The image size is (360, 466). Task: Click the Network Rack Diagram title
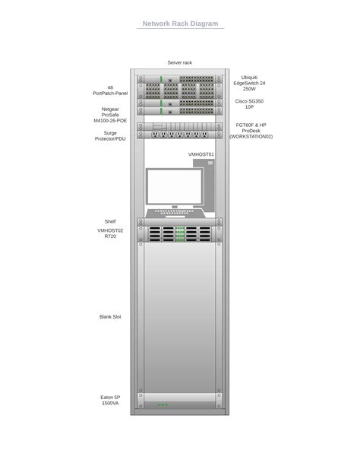point(180,24)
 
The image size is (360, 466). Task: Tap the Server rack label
point(180,62)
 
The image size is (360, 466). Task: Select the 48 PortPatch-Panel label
point(110,90)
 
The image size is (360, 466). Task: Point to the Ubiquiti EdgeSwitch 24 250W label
point(249,83)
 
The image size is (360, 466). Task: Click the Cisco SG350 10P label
point(249,104)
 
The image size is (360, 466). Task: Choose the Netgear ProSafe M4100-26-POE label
point(110,115)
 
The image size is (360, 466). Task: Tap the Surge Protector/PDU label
point(110,136)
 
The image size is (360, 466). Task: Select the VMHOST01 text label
point(201,154)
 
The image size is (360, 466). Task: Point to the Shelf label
point(110,221)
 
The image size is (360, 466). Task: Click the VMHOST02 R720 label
point(110,233)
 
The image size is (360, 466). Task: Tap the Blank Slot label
point(110,317)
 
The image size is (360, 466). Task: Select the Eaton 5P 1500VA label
point(110,400)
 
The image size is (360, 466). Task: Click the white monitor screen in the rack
point(175,187)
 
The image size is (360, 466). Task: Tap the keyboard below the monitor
point(175,213)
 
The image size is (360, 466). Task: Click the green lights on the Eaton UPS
point(163,404)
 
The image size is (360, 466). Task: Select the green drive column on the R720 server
point(180,234)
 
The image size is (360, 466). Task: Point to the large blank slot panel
point(180,317)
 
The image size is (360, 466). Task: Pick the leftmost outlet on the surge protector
point(155,135)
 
